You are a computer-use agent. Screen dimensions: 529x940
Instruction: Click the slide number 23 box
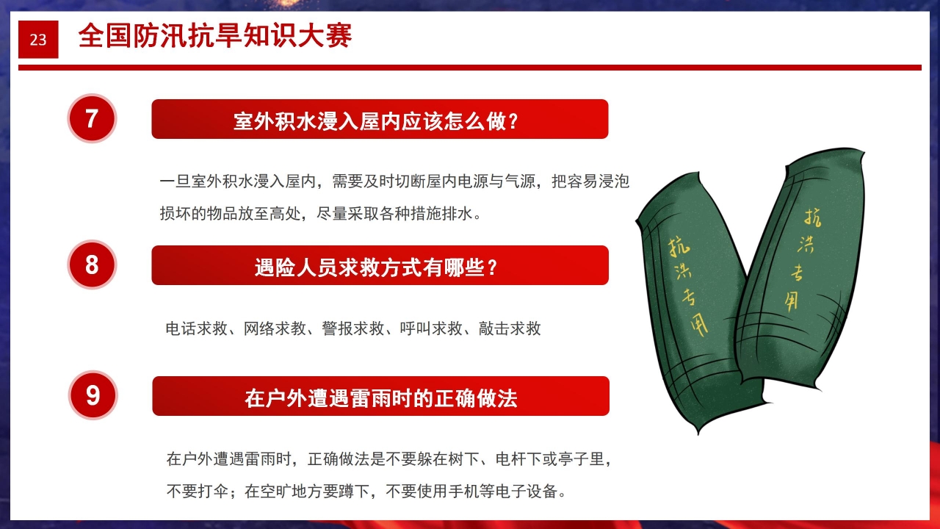click(38, 40)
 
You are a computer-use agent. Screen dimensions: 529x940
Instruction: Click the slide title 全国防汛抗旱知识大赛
click(214, 36)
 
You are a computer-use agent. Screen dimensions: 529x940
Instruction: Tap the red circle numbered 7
click(92, 118)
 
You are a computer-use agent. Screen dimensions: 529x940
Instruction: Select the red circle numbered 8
click(92, 264)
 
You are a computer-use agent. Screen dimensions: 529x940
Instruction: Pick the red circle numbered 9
click(93, 395)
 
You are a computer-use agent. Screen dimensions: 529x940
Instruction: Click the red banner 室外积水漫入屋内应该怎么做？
click(380, 119)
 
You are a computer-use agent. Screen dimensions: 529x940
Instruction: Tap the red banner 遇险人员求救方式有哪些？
click(380, 265)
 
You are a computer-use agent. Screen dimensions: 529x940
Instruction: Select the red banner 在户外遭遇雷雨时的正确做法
click(380, 397)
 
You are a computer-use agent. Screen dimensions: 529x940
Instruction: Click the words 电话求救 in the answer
click(196, 328)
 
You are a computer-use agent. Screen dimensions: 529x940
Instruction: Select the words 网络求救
click(275, 328)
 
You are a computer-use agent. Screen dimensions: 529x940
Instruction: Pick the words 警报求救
click(352, 328)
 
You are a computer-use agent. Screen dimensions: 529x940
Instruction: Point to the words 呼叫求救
click(431, 328)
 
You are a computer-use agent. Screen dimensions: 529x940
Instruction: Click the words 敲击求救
click(510, 328)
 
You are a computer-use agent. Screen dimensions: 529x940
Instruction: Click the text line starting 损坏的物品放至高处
click(321, 214)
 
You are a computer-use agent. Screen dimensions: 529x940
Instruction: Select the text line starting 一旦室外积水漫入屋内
click(394, 181)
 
